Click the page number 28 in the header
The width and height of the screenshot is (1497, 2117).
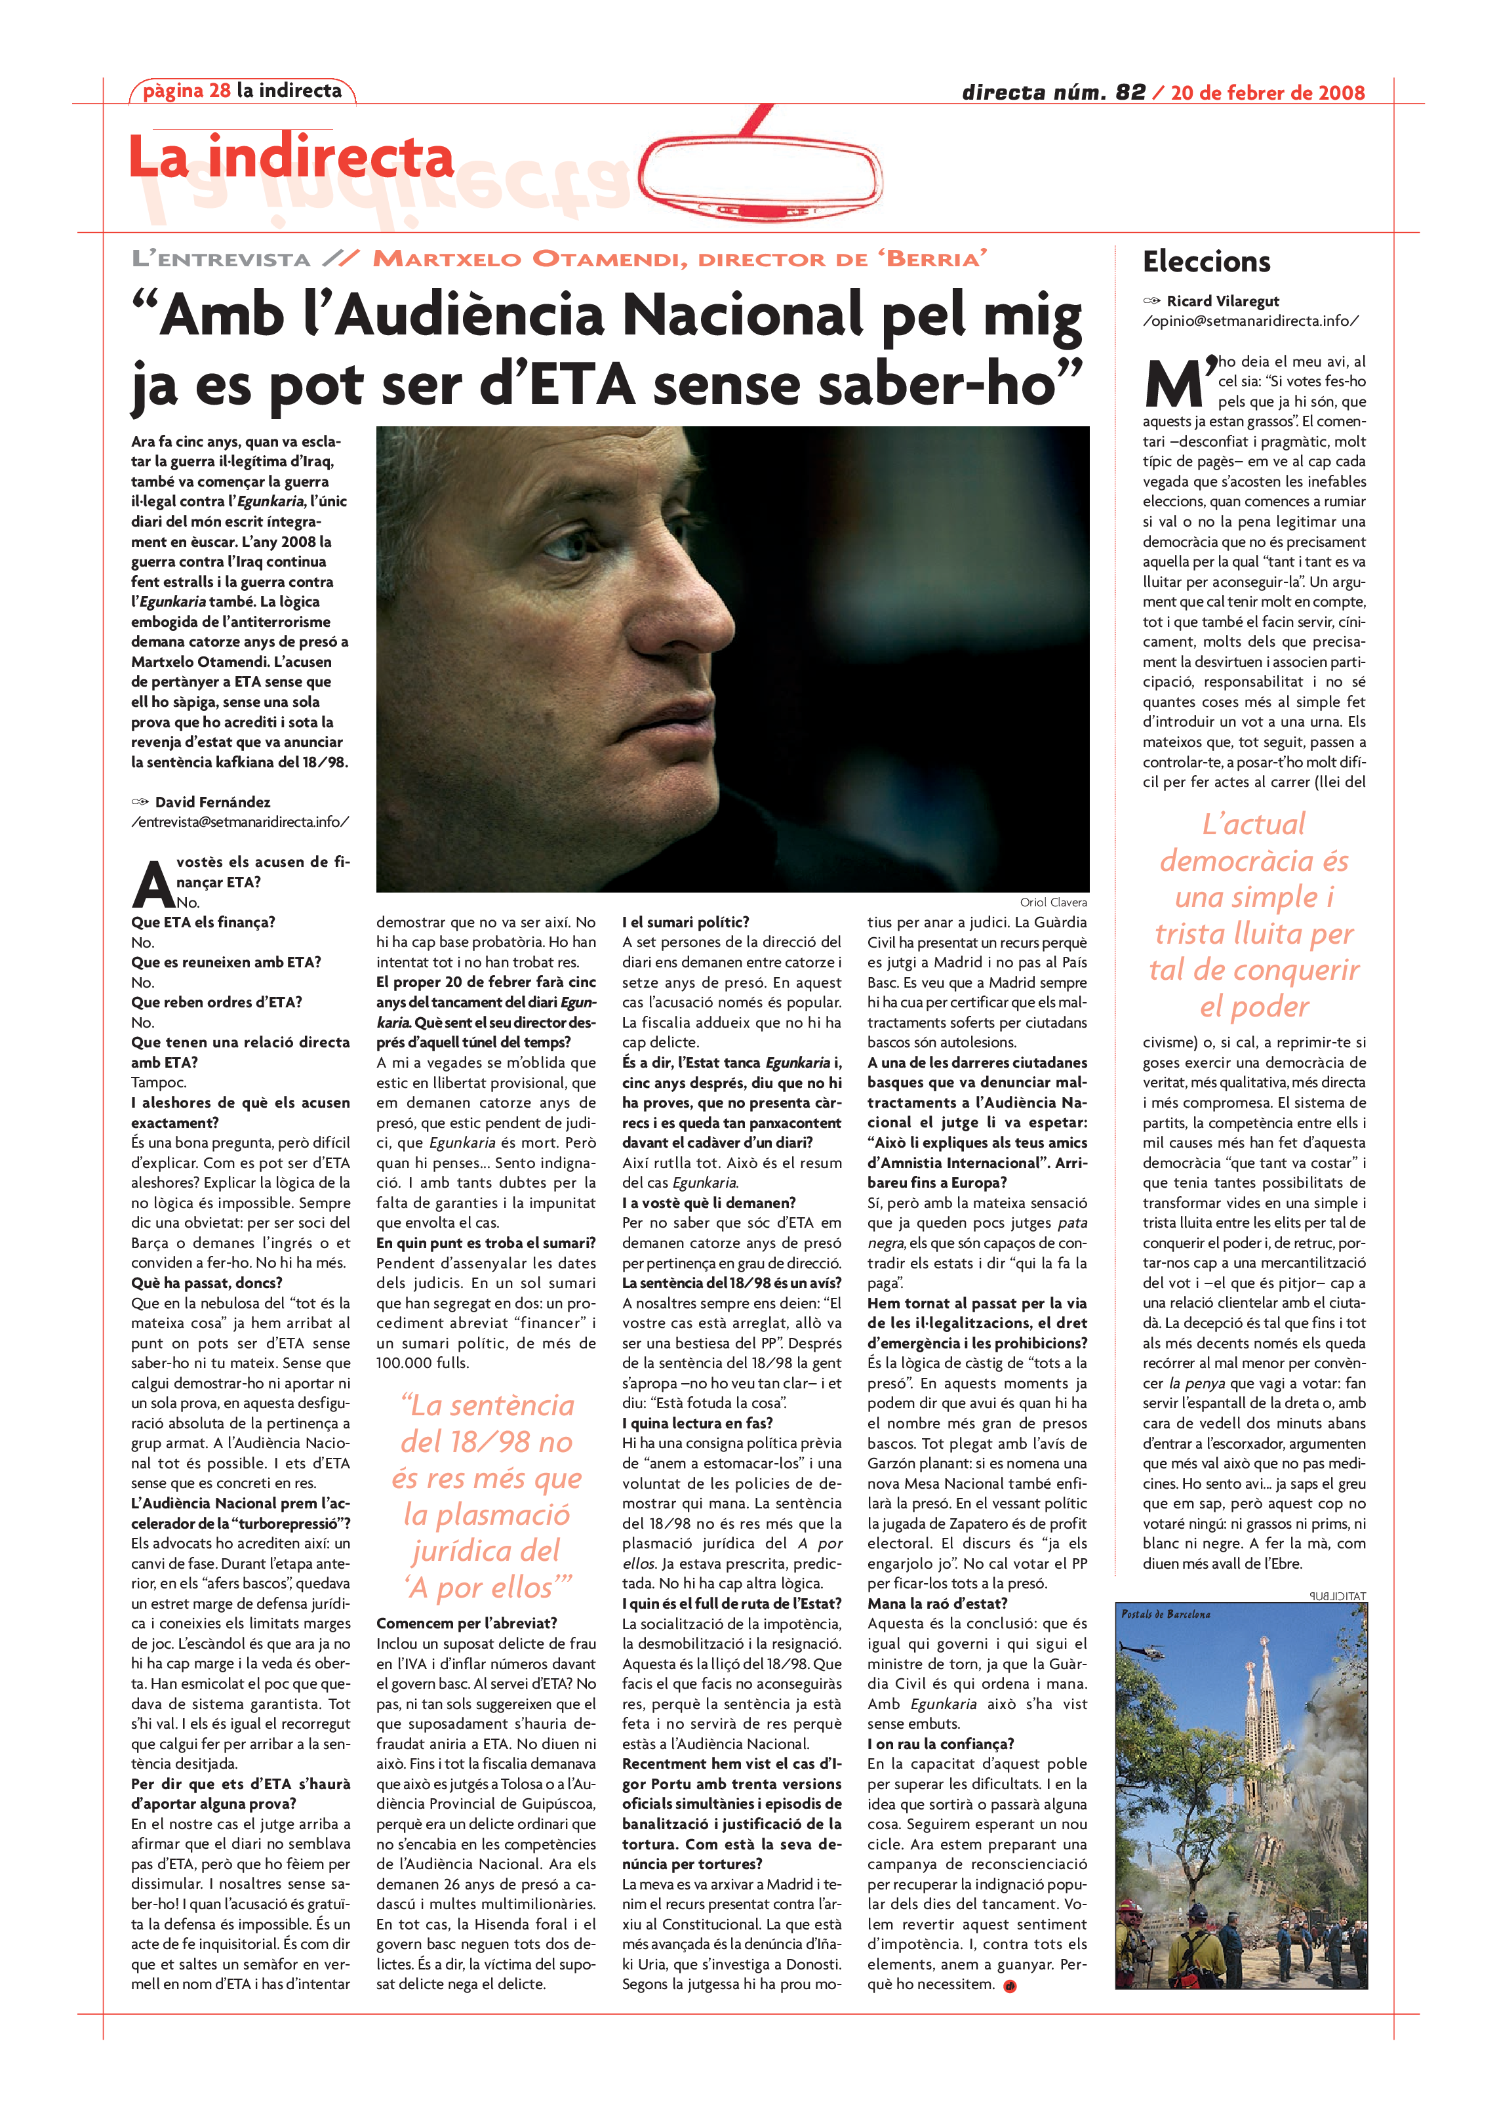(x=220, y=91)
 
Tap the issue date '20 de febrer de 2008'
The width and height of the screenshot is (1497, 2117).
(x=1267, y=92)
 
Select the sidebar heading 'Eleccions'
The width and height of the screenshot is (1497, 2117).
(x=1206, y=262)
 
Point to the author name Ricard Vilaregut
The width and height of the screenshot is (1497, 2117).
(x=1222, y=302)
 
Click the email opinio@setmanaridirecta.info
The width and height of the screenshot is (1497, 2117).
(x=1250, y=321)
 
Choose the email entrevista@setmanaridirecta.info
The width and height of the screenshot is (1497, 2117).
(x=240, y=822)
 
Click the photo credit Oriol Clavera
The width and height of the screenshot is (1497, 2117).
(x=1052, y=902)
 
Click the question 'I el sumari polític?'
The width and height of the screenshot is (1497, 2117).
(x=685, y=922)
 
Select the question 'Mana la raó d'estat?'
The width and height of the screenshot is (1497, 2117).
(x=936, y=1603)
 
